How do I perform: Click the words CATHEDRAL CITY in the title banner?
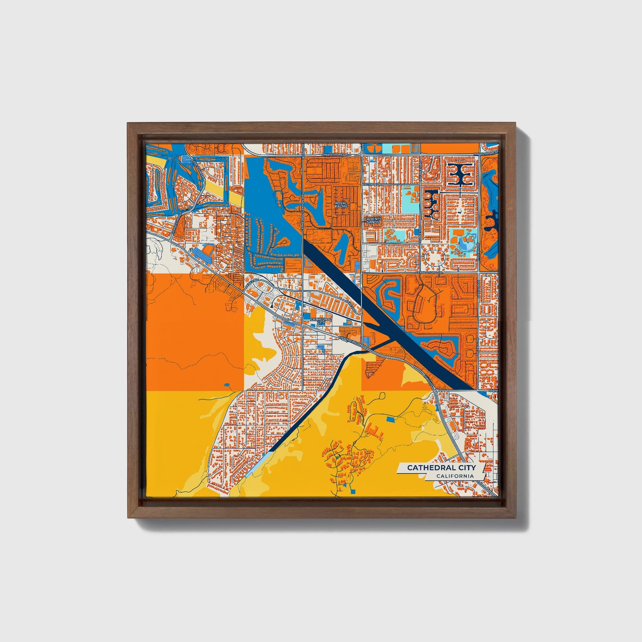pyautogui.click(x=441, y=467)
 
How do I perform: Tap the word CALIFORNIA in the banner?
pyautogui.click(x=455, y=476)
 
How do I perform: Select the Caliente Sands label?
pyautogui.click(x=371, y=220)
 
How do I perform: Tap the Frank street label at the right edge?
pyautogui.click(x=493, y=390)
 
